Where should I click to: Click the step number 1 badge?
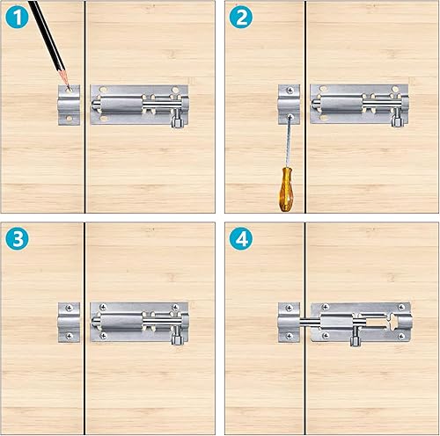point(17,17)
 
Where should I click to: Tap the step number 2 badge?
point(241,17)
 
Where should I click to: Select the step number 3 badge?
point(17,238)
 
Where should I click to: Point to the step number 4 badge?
point(241,238)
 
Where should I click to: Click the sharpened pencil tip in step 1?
point(69,89)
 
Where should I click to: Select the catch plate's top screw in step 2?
point(290,91)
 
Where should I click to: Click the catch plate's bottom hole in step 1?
point(70,119)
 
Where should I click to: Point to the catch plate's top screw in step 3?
point(70,308)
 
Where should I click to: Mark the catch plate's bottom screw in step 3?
point(70,336)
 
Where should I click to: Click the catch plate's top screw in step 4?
point(289,308)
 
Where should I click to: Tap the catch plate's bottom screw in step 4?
point(289,336)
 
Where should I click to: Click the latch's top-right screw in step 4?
point(401,307)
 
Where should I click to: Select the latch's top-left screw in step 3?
point(103,307)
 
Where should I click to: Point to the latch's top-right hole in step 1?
point(175,90)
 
